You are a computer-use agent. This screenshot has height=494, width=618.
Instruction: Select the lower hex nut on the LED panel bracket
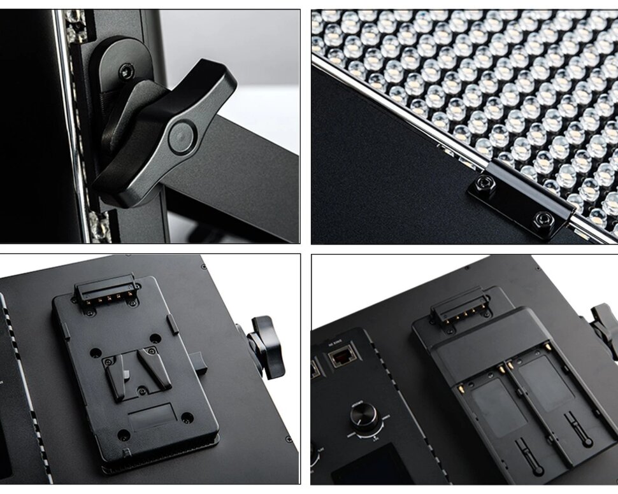[542, 218]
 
